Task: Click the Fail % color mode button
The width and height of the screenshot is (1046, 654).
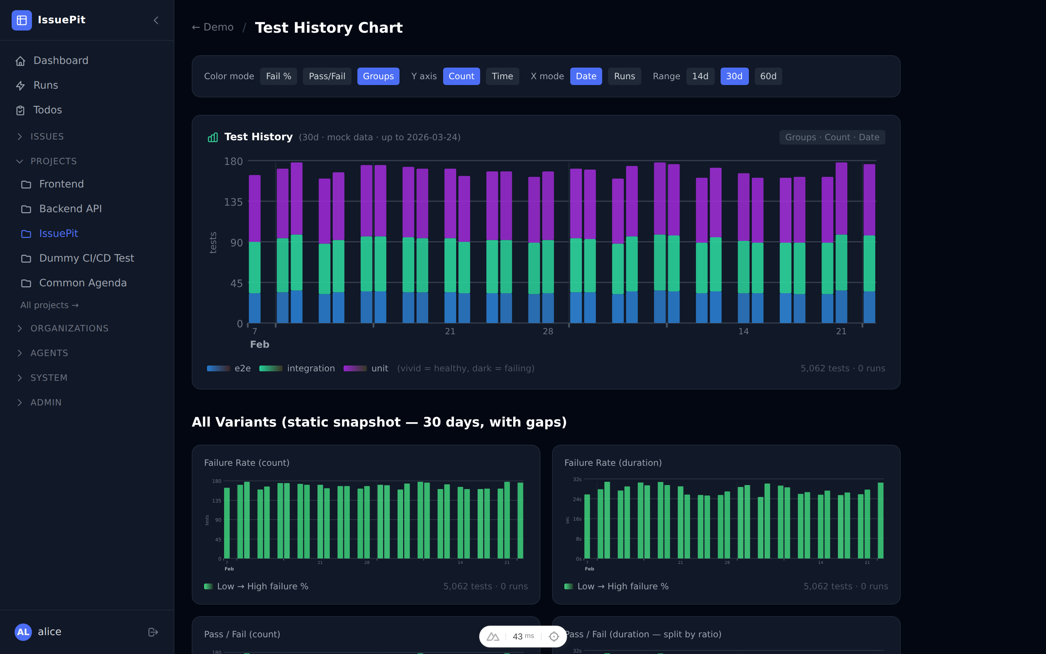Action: [x=278, y=76]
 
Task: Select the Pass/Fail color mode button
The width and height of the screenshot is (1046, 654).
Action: [x=327, y=76]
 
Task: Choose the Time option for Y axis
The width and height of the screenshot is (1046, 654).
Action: [x=502, y=76]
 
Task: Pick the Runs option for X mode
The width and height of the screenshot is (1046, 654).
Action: [x=624, y=76]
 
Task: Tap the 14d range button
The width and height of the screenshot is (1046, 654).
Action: [x=700, y=76]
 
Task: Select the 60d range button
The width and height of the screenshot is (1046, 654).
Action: [x=768, y=76]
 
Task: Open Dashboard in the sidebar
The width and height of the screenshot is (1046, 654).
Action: [x=61, y=61]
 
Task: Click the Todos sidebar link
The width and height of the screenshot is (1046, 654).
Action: [x=48, y=110]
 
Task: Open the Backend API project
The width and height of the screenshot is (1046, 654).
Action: [x=70, y=209]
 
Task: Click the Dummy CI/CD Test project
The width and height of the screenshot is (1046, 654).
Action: [x=86, y=258]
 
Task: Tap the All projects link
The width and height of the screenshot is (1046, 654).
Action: [x=49, y=305]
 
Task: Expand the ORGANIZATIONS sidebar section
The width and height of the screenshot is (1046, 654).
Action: [x=69, y=328]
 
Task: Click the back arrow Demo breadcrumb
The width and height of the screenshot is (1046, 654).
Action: [x=213, y=27]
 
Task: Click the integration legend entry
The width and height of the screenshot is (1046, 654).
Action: [x=310, y=368]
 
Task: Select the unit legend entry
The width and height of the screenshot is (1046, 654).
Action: [x=379, y=368]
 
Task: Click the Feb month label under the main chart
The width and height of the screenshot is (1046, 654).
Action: [x=259, y=344]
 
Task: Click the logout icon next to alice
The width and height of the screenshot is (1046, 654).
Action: [x=153, y=632]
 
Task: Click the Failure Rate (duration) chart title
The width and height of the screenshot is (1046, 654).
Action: [x=612, y=463]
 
